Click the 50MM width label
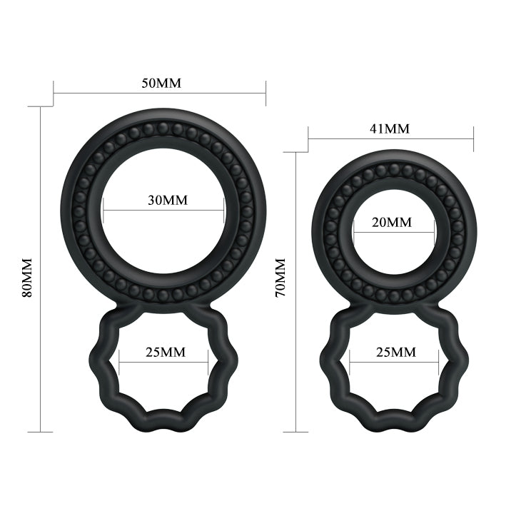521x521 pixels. pos(161,83)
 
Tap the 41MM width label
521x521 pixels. pos(390,128)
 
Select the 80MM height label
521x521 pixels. pos(28,276)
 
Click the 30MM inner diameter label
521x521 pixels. pos(167,200)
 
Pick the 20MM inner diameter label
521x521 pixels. pos(392,222)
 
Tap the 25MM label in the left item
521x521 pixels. pos(165,352)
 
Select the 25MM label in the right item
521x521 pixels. pos(395,352)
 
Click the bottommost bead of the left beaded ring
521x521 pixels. pos(163,295)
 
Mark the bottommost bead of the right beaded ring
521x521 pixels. pos(394,295)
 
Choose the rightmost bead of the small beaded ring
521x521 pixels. pos(457,233)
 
